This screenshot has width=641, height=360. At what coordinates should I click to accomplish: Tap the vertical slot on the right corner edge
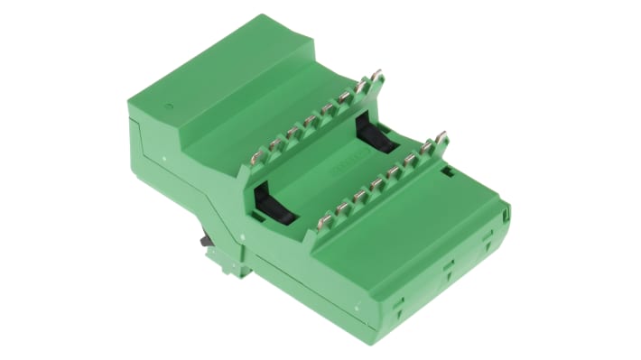[507, 213]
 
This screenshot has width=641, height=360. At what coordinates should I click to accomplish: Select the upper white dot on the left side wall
[164, 157]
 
